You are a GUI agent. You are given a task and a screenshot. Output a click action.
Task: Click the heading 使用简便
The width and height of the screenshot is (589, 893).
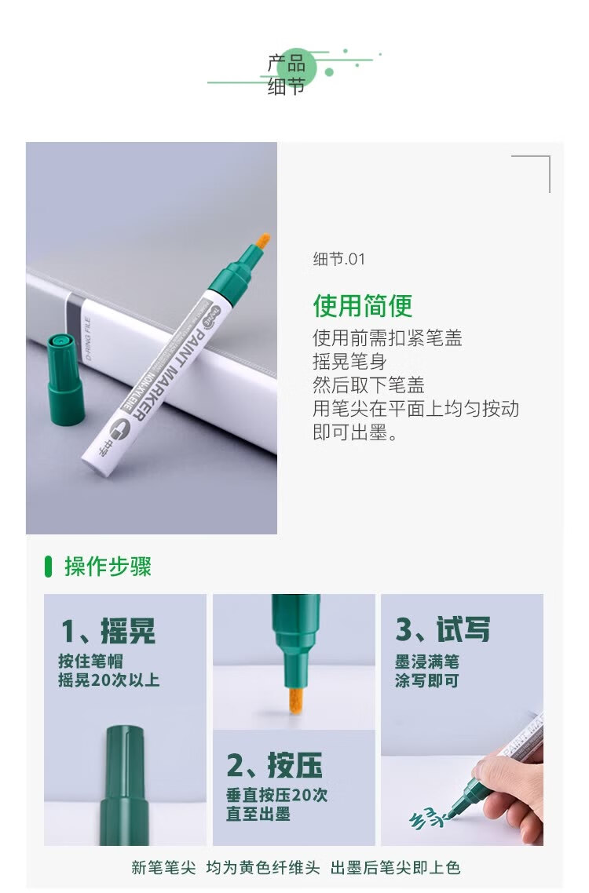[x=362, y=305]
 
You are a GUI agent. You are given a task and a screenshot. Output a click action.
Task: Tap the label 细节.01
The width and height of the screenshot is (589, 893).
[x=338, y=259]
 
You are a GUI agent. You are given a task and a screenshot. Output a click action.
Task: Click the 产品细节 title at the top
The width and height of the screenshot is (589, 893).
[x=287, y=75]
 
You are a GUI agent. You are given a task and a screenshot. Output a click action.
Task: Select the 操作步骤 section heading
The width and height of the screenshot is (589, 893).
[x=108, y=566]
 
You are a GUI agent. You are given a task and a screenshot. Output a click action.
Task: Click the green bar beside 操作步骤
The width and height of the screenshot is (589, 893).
[x=49, y=566]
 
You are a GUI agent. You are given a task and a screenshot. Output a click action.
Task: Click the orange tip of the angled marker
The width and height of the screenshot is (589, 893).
[x=263, y=243]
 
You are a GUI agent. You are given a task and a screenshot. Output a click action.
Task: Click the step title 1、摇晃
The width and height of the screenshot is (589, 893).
[x=108, y=630]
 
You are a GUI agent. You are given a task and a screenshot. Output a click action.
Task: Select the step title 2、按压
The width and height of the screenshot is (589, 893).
[x=274, y=764]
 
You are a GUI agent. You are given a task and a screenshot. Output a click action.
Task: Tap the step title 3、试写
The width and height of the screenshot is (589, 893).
[x=442, y=629]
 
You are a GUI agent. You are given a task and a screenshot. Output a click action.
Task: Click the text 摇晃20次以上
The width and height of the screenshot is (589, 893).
[x=108, y=680]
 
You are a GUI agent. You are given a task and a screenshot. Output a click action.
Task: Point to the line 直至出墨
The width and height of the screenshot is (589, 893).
[x=258, y=814]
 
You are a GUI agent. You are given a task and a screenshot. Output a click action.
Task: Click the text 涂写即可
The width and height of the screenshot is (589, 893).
[x=426, y=680]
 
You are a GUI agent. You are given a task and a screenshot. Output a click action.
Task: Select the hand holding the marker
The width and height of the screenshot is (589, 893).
[x=514, y=789]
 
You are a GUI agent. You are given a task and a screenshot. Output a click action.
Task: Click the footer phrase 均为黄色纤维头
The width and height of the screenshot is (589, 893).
[x=263, y=867]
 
